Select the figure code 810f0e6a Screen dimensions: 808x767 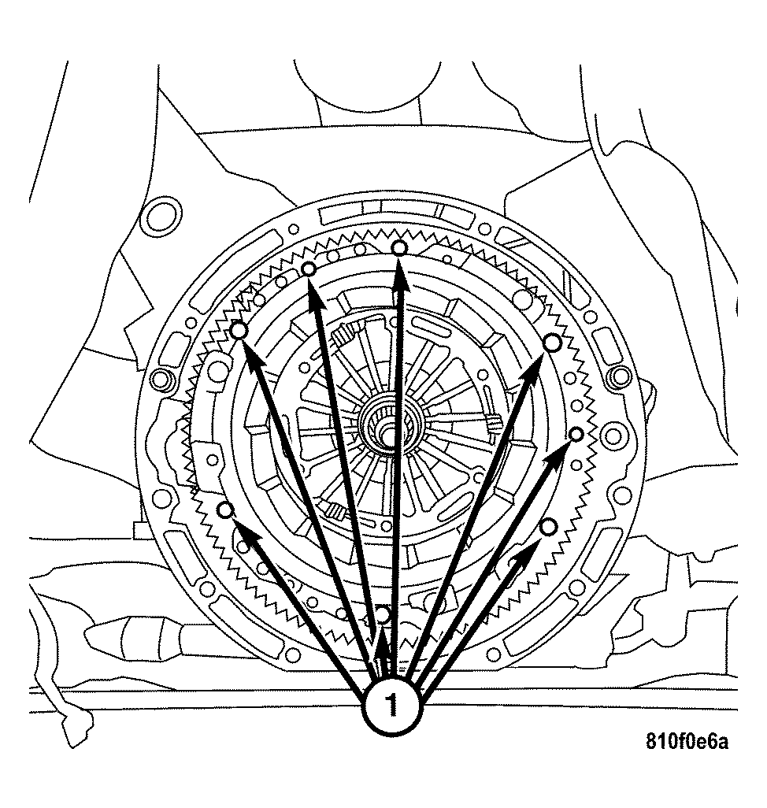point(687,742)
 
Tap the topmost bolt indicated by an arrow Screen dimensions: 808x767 point(400,248)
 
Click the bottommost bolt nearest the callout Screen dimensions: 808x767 point(383,613)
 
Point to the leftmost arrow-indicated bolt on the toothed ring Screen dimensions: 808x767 point(225,510)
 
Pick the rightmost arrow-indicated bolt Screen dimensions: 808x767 point(576,435)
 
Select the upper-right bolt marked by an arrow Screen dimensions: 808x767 point(553,342)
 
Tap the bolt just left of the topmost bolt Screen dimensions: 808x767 point(309,270)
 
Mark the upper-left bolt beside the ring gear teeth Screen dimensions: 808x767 point(240,332)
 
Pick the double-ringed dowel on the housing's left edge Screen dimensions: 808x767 point(160,380)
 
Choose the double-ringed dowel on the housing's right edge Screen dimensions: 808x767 point(621,376)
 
